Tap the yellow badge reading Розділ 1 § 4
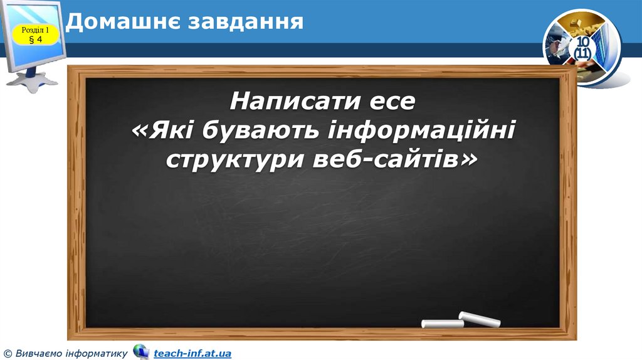click(35, 34)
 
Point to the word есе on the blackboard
click(392, 101)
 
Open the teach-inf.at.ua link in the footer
click(192, 354)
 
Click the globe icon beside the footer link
click(141, 352)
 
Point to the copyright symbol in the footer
click(8, 354)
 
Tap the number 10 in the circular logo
click(582, 42)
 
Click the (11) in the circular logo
click(582, 54)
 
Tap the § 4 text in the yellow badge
click(35, 40)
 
